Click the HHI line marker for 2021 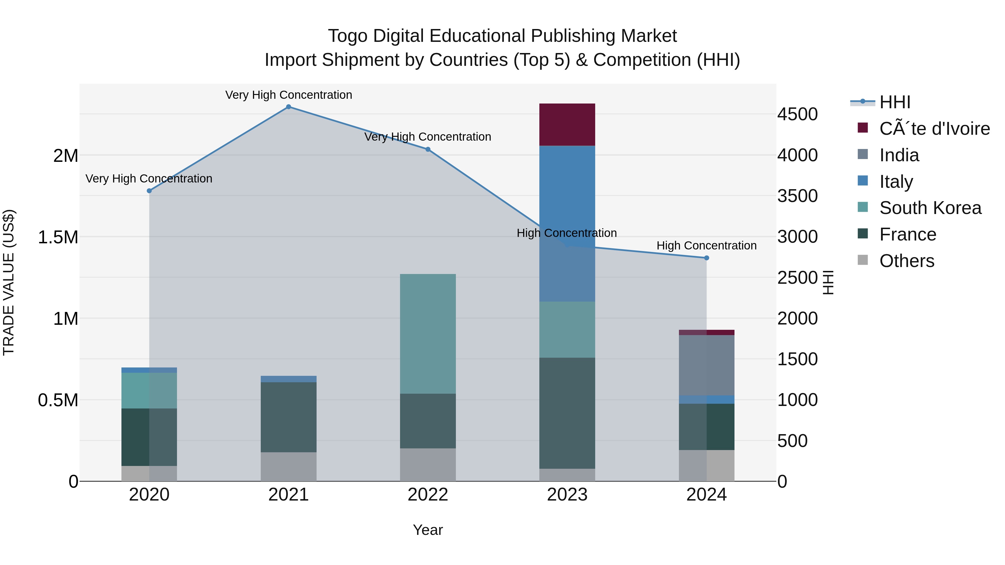[x=288, y=107]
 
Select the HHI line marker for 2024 [x=706, y=258]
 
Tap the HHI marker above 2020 [x=149, y=191]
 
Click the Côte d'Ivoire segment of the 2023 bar [x=567, y=125]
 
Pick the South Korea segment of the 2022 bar [x=428, y=334]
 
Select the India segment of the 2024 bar [x=706, y=365]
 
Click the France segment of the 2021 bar [x=288, y=417]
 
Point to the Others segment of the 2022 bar [x=428, y=465]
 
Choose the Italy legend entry [x=896, y=182]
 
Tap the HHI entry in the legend [x=895, y=102]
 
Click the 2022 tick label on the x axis [x=428, y=495]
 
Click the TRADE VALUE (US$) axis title [x=9, y=282]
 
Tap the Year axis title [x=428, y=530]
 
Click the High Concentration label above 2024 [x=706, y=246]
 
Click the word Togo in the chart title [x=347, y=36]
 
